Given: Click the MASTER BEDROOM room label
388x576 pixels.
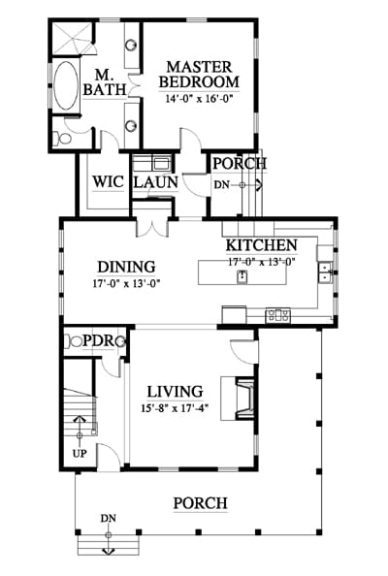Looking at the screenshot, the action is (199, 75).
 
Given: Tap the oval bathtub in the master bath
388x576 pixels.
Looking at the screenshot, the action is (66, 85).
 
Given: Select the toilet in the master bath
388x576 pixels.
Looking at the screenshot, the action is (62, 138).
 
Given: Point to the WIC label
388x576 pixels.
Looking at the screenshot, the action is (108, 182).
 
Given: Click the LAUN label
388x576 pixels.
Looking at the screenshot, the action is (155, 182).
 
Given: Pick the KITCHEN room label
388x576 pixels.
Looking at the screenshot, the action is (261, 245).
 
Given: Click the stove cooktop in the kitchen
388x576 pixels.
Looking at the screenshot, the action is (278, 315).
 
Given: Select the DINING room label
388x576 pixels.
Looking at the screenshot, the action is (126, 267).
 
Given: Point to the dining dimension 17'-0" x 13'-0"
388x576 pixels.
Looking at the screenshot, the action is (126, 283).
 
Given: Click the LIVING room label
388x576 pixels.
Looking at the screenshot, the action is (175, 392).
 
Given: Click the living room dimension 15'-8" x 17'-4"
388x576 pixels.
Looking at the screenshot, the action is (175, 408).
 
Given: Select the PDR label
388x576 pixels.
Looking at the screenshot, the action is (99, 341).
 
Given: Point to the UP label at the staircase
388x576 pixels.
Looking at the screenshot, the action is (80, 454).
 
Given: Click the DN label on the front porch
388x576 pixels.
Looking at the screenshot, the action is (109, 519).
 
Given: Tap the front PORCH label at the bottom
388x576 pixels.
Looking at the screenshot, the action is (200, 503).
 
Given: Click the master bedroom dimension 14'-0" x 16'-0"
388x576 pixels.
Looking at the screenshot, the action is (200, 99).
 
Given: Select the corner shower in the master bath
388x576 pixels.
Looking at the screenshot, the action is (71, 39).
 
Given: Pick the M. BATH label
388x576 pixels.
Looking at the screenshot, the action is (105, 82).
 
